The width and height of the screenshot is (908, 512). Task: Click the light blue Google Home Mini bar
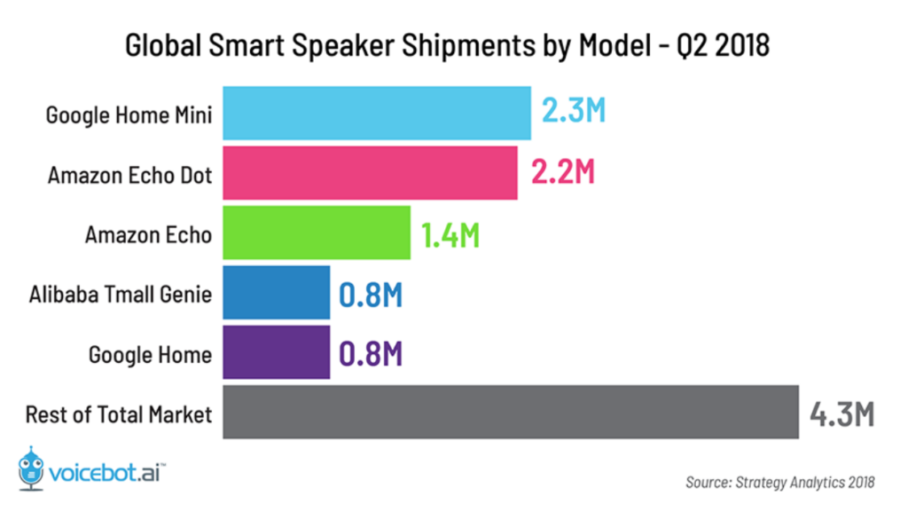(376, 113)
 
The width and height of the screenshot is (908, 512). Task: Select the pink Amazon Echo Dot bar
(370, 173)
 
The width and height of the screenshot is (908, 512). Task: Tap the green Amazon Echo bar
(316, 233)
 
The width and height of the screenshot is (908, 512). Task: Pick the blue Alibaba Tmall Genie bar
(276, 293)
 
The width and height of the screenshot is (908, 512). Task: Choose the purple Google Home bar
(276, 353)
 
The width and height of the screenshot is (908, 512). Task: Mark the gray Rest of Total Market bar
(510, 413)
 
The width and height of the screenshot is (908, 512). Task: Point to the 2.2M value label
(562, 173)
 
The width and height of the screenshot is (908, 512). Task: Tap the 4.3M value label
(841, 414)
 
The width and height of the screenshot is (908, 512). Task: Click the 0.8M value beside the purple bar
(371, 354)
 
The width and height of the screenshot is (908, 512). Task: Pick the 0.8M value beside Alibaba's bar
(371, 294)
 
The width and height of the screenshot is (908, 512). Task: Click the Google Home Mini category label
(129, 114)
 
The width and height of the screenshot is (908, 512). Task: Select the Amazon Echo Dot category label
(129, 175)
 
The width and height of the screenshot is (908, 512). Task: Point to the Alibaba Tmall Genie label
(120, 294)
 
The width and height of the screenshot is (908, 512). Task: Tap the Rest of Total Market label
(119, 414)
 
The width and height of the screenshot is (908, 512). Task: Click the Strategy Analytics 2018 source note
(779, 483)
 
